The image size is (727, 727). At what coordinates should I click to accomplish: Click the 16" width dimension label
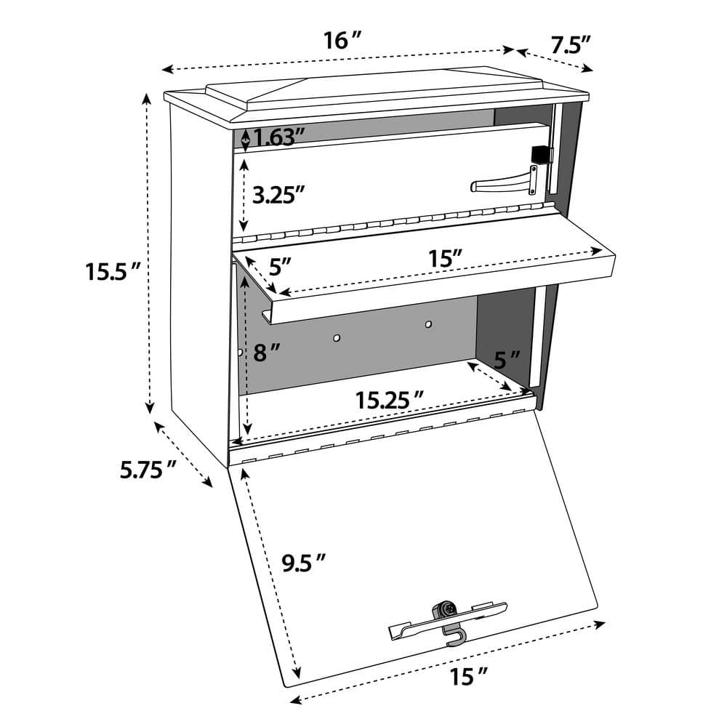click(342, 41)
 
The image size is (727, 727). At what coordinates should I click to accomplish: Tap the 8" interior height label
click(267, 353)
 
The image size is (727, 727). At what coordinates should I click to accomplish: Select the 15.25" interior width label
click(390, 399)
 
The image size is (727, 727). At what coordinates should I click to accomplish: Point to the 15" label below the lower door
click(467, 677)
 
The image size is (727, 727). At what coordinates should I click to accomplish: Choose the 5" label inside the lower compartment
click(507, 358)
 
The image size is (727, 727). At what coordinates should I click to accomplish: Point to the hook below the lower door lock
click(454, 638)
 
